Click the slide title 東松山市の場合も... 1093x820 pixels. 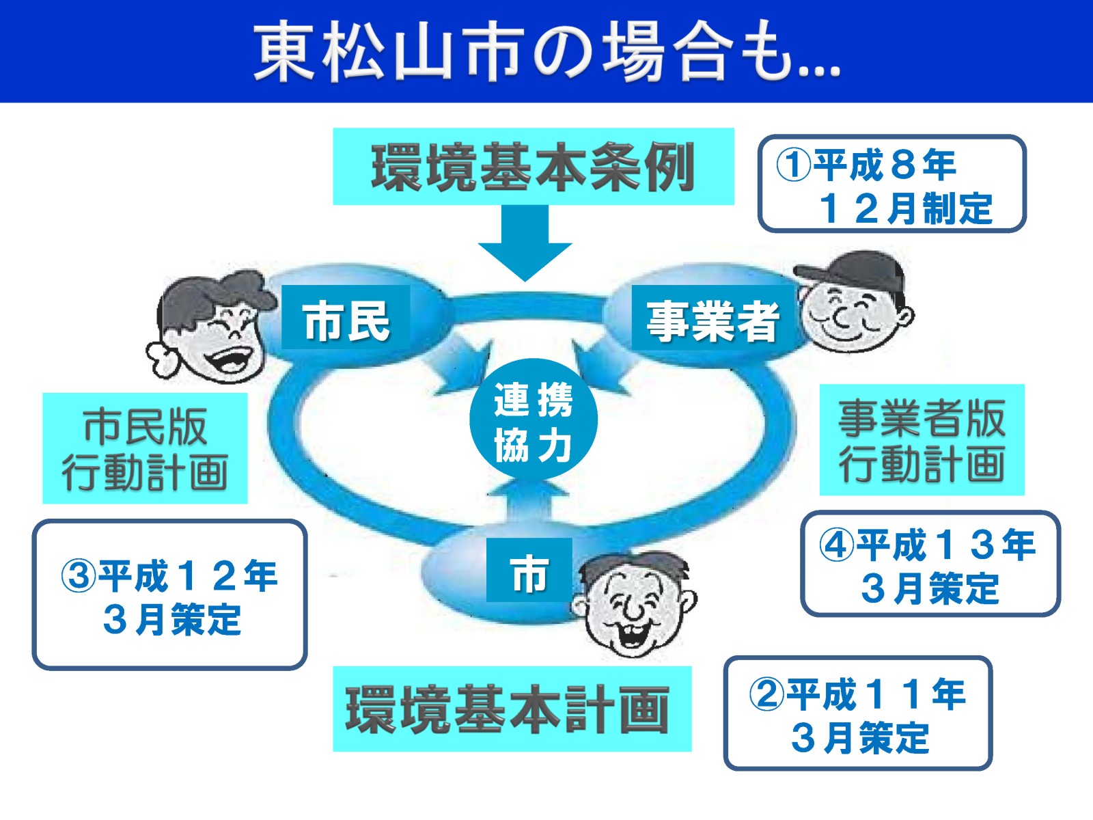(546, 51)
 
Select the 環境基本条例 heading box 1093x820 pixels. (533, 167)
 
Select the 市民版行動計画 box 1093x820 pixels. (145, 448)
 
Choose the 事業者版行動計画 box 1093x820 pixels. (922, 440)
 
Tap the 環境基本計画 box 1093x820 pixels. (512, 709)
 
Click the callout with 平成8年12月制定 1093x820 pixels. (892, 184)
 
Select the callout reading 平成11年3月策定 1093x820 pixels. (857, 713)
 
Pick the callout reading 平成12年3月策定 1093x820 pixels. (169, 594)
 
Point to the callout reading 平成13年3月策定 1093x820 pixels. (930, 564)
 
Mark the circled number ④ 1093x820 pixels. (837, 545)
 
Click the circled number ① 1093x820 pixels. (793, 165)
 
